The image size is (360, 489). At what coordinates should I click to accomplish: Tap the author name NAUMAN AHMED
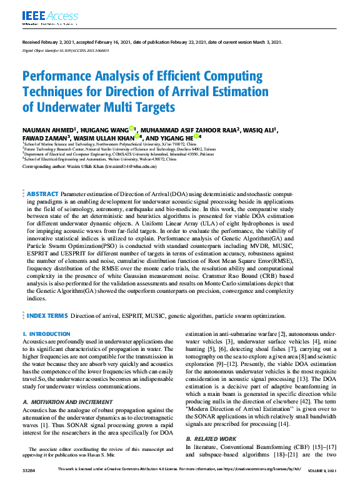[44, 130]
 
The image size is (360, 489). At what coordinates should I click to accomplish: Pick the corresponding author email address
[124, 167]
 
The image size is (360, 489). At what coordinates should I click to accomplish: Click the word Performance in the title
[69, 77]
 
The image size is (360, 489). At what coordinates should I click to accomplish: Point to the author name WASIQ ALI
[259, 130]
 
